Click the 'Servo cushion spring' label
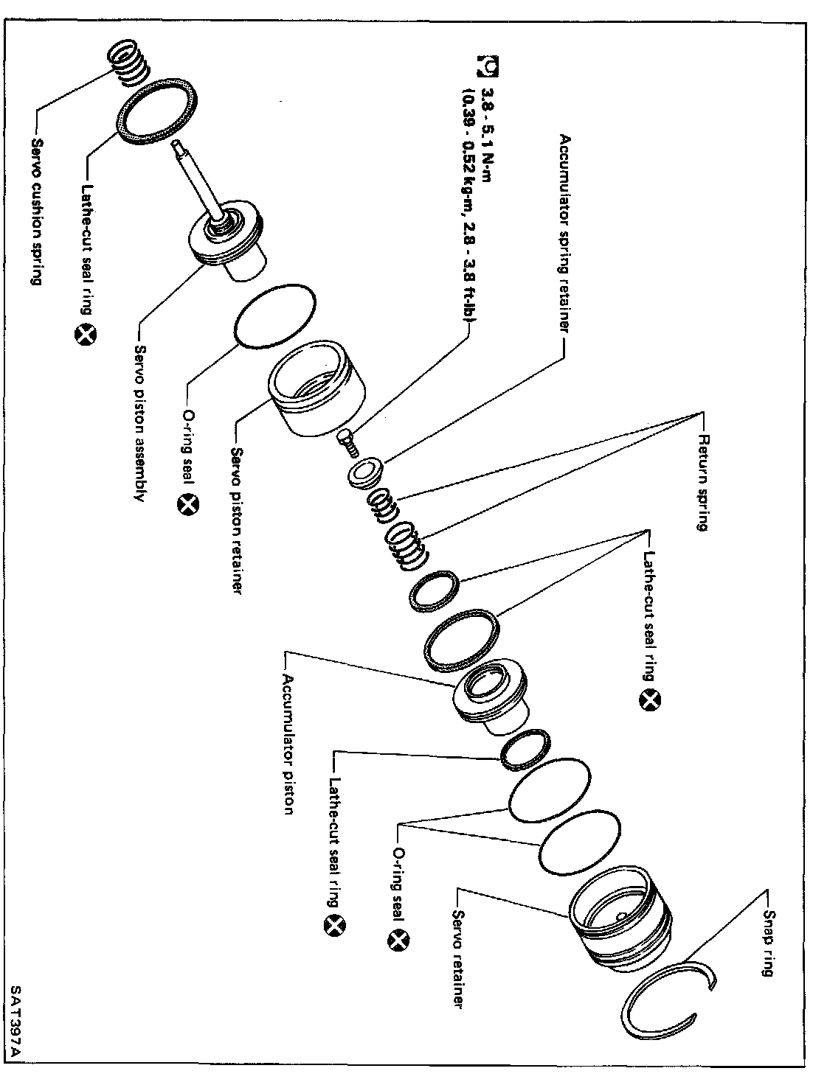click(x=35, y=210)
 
